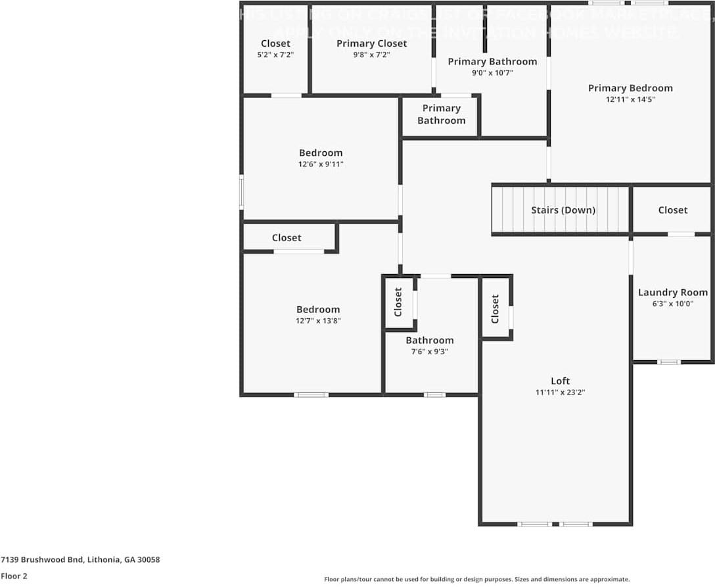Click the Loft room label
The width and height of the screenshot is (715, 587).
point(560,381)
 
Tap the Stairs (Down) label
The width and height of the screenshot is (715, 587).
point(563,210)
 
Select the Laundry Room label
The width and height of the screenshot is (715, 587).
point(673,293)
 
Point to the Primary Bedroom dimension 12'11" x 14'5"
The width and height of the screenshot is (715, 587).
point(630,99)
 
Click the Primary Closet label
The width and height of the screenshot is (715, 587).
point(371,43)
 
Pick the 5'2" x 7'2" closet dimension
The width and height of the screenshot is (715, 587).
point(275,55)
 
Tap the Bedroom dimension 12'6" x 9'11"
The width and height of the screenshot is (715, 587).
point(321,164)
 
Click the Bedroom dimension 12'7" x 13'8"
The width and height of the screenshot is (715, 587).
point(318,321)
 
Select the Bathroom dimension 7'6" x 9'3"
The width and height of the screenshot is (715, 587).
point(429,352)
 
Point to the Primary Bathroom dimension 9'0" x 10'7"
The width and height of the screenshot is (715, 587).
point(492,73)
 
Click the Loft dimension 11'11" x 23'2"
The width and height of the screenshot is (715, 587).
point(560,392)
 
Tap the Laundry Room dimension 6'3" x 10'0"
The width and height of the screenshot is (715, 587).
point(673,304)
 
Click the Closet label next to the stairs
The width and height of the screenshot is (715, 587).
point(673,210)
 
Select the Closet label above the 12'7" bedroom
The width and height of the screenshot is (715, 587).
point(287,238)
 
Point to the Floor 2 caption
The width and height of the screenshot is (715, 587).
point(14,576)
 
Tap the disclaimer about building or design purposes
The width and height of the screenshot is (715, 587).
point(476,579)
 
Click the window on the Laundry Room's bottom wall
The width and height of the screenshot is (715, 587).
point(669,362)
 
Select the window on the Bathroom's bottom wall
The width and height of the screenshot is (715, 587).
point(434,395)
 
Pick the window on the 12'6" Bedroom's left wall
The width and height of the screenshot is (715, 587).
point(241,192)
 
